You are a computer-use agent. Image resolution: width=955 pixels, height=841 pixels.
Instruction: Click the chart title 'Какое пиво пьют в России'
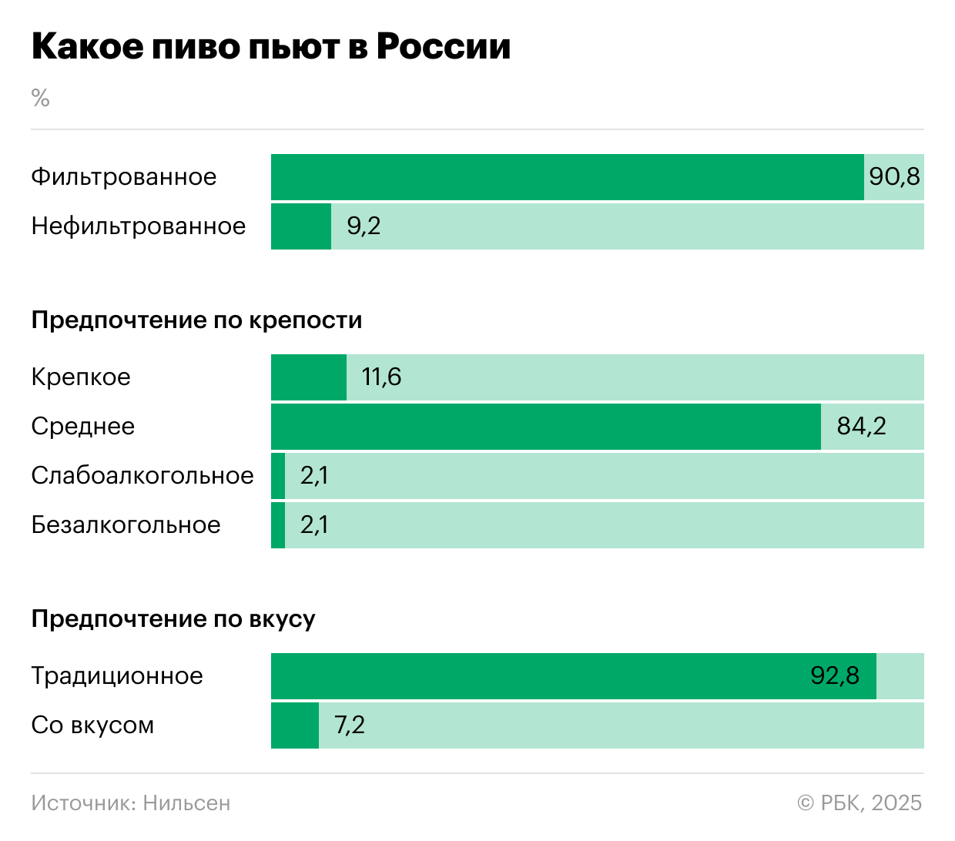(271, 47)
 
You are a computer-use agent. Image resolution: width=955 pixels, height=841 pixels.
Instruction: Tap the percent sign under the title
(40, 98)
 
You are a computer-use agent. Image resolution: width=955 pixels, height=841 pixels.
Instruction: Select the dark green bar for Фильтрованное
(567, 177)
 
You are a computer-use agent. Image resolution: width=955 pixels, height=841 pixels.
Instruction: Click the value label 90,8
(894, 177)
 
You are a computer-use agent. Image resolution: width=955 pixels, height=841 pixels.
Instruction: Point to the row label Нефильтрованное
(139, 226)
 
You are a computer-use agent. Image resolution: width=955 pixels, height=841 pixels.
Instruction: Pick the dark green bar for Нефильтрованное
(301, 226)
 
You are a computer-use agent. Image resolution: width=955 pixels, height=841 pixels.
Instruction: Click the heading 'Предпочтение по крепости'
(196, 320)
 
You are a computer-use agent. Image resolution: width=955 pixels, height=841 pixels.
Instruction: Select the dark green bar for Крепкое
(309, 377)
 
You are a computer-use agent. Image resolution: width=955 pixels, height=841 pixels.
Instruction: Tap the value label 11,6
(381, 377)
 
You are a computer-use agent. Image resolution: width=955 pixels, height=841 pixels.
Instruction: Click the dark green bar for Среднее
(545, 427)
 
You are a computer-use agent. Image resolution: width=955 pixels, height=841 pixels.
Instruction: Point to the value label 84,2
(861, 427)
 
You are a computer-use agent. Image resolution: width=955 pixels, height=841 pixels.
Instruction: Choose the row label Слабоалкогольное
(142, 476)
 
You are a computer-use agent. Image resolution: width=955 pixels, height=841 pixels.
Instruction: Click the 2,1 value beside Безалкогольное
(314, 525)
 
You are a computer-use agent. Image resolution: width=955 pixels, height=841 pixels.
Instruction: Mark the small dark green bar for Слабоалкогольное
(278, 476)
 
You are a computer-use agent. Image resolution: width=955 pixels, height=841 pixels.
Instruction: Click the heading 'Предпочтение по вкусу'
(173, 618)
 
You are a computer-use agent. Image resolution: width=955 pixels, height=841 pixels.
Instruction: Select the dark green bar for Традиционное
(539, 676)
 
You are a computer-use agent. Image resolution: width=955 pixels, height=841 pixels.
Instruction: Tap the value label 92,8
(835, 676)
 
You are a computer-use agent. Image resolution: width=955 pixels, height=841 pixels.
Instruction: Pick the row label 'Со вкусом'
(92, 725)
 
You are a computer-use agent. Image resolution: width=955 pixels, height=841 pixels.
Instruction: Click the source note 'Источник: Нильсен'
(131, 803)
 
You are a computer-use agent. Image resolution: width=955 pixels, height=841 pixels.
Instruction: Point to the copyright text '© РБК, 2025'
(859, 803)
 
